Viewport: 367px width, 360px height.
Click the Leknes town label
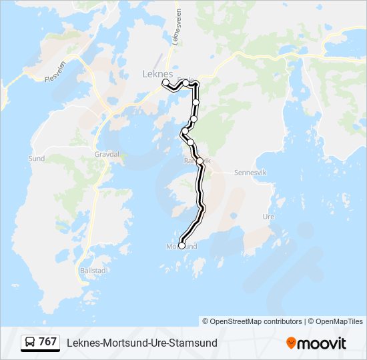coord(157,75)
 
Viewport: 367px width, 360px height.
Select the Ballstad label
coord(92,271)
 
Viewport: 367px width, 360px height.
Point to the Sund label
coord(36,159)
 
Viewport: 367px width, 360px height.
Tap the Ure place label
coord(269,217)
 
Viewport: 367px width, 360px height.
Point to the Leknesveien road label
coord(177,31)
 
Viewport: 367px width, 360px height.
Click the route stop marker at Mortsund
coord(181,245)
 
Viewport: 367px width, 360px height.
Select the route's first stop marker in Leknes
coord(165,82)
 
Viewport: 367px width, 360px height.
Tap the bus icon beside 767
coord(29,343)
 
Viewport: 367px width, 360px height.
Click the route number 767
coord(47,342)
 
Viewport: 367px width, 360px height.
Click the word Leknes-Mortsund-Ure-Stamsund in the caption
coord(141,343)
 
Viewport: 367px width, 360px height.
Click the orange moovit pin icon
coord(292,343)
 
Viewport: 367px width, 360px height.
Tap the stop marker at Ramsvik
coord(200,161)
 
